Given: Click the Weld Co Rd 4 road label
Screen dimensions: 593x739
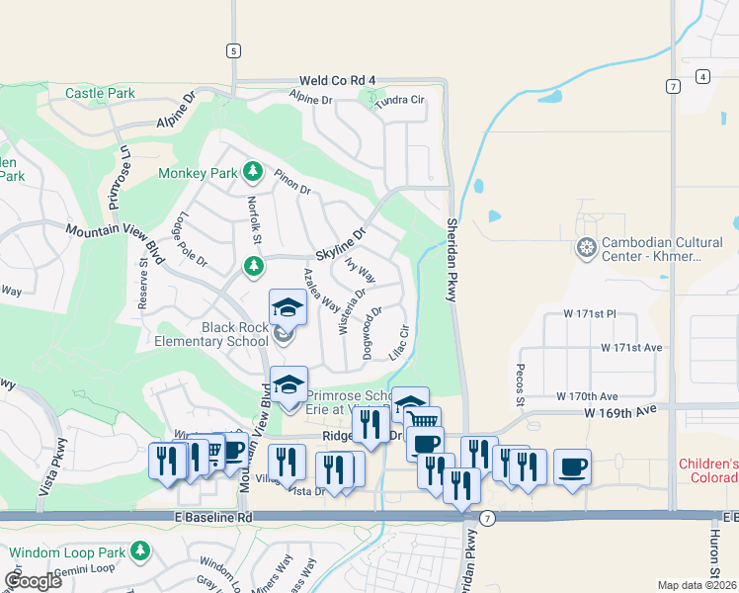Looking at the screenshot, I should tap(339, 80).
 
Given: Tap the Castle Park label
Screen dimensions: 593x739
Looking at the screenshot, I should tap(100, 94).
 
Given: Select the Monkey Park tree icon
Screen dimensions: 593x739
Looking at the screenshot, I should tap(253, 172).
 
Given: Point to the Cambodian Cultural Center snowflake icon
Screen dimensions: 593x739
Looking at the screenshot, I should tap(587, 246).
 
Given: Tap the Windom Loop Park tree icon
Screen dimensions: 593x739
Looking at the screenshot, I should tap(140, 549).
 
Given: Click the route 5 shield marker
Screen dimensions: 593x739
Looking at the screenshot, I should tap(233, 50).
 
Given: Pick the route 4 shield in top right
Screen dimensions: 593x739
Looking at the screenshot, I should tap(701, 76).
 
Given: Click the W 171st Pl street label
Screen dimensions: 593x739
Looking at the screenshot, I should tap(589, 313).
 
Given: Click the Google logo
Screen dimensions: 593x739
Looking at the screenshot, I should tap(33, 580).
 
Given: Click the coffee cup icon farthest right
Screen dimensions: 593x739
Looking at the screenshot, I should tap(572, 466).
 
